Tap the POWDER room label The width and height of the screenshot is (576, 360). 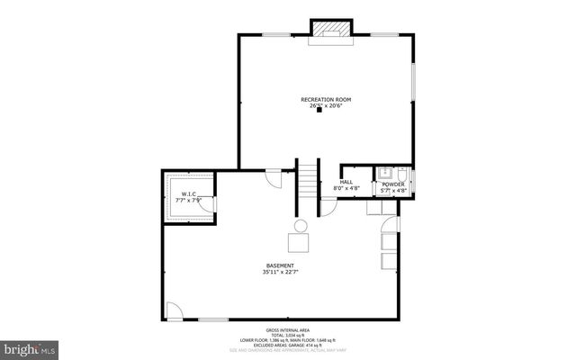[x=393, y=184]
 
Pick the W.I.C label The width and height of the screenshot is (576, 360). [x=188, y=193]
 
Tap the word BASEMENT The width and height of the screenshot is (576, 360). [x=279, y=265]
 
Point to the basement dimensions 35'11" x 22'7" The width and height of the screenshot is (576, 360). [x=279, y=272]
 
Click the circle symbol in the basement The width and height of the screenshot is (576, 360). [x=301, y=225]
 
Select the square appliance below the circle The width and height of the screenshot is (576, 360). [x=298, y=243]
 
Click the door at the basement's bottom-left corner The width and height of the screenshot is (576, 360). [x=175, y=310]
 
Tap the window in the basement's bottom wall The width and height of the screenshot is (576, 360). [x=212, y=319]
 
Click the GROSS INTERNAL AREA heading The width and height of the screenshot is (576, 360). [x=288, y=329]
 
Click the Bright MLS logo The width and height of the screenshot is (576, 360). [x=30, y=346]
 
